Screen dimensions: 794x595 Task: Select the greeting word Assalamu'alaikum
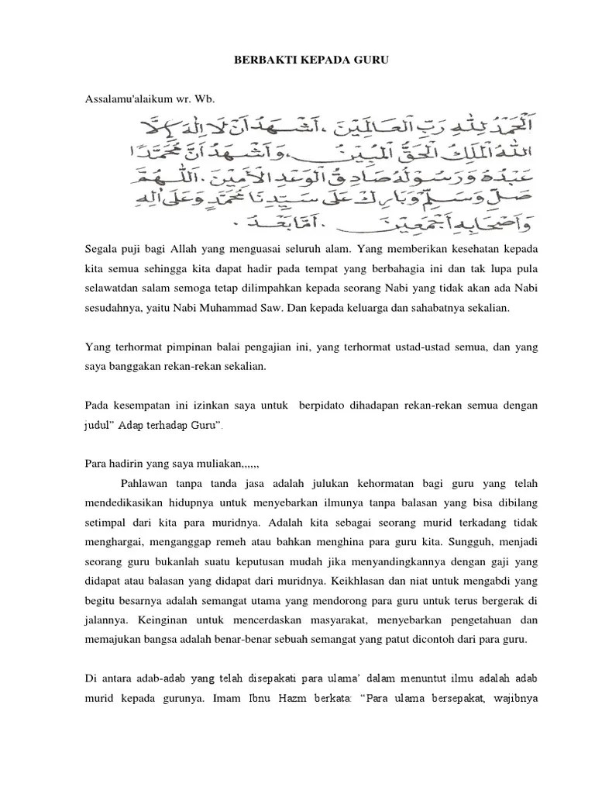(123, 99)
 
